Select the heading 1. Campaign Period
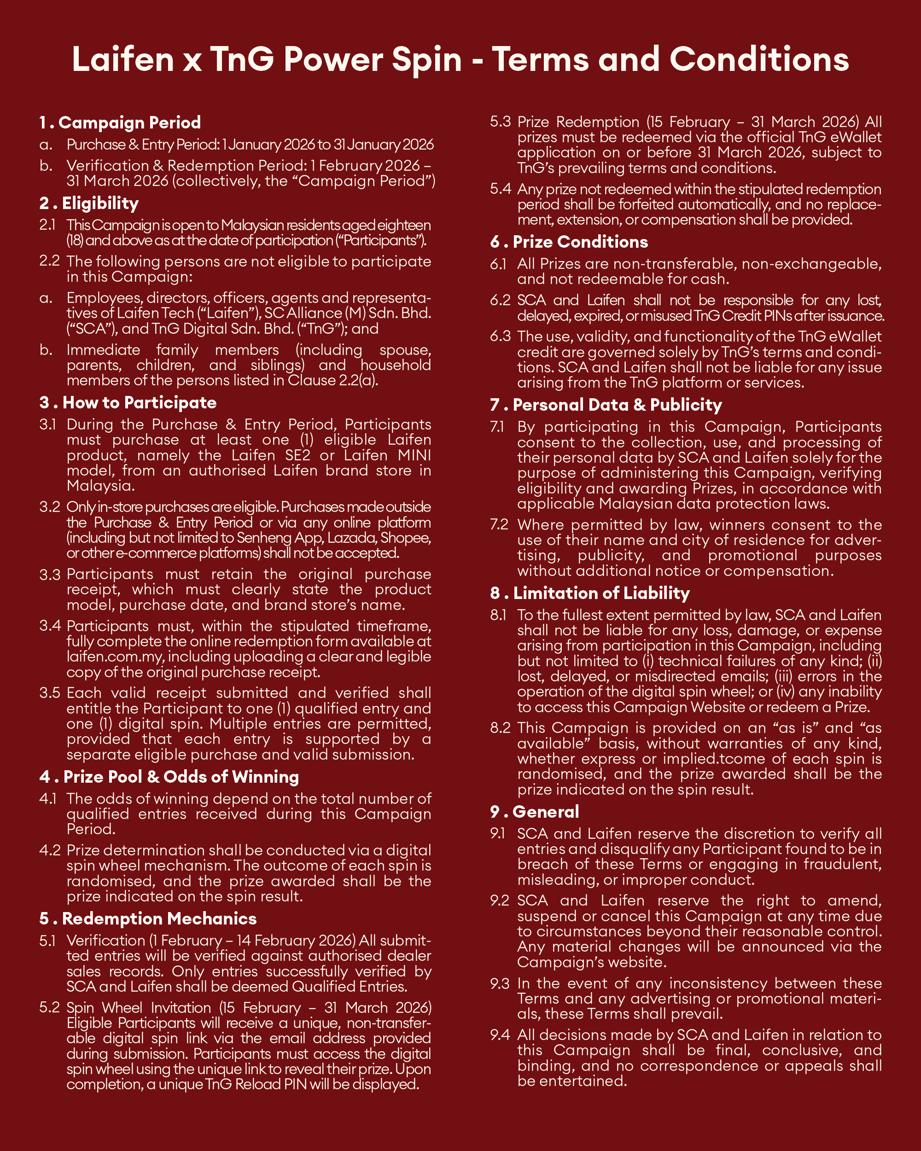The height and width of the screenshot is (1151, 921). point(120,122)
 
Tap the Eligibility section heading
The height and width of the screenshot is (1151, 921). point(89,203)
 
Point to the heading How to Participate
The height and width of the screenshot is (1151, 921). point(128,402)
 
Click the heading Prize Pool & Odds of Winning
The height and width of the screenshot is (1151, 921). point(169,776)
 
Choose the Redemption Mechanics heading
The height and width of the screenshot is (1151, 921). point(148,918)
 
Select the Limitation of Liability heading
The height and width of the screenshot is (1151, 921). point(590,593)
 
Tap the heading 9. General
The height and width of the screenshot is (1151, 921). point(535,812)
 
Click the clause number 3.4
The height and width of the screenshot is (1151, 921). point(50,626)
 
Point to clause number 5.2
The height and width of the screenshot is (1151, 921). point(50,1007)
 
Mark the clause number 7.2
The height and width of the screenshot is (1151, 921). point(500,524)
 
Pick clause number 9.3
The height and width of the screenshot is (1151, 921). point(500,983)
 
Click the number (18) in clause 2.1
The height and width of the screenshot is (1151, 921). point(74,241)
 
